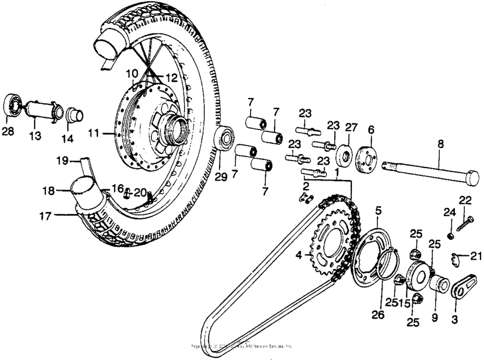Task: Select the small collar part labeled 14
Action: (74, 115)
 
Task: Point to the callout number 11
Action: (93, 133)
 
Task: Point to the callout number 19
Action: (62, 161)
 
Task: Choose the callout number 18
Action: (49, 191)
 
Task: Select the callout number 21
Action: (476, 256)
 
